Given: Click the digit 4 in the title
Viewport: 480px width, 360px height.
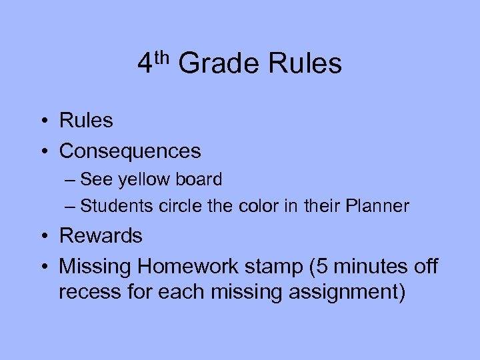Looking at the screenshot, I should click(x=145, y=64).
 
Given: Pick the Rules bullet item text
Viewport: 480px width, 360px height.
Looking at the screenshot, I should click(x=86, y=121).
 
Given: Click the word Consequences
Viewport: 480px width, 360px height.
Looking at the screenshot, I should click(x=130, y=151).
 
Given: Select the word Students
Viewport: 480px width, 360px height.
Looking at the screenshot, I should click(x=117, y=206).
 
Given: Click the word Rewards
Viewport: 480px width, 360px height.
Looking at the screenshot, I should click(x=101, y=235).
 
